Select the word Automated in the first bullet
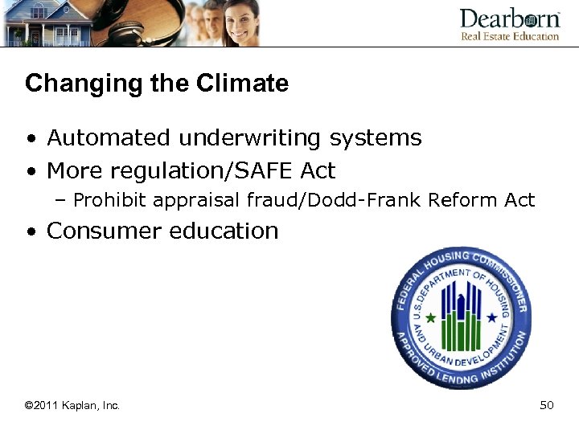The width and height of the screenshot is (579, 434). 109,138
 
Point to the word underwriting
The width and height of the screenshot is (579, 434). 250,138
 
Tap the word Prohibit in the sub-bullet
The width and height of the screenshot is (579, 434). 105,200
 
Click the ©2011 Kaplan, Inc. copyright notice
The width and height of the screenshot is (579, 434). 72,406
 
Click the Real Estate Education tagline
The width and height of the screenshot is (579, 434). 509,36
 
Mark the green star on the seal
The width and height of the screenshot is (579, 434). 431,317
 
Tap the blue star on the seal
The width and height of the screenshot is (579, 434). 491,317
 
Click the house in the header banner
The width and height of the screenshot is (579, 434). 40,24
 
